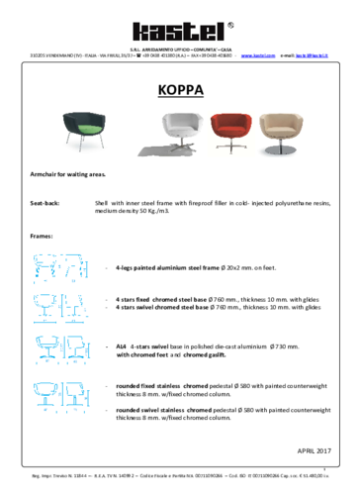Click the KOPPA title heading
[x=180, y=90]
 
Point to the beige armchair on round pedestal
[x=286, y=132]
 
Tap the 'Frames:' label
[x=42, y=237]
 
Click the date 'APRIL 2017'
[x=313, y=450]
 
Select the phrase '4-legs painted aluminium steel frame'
[x=166, y=267]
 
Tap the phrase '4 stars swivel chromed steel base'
[x=163, y=307]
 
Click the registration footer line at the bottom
[x=180, y=476]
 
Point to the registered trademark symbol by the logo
[x=231, y=24]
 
